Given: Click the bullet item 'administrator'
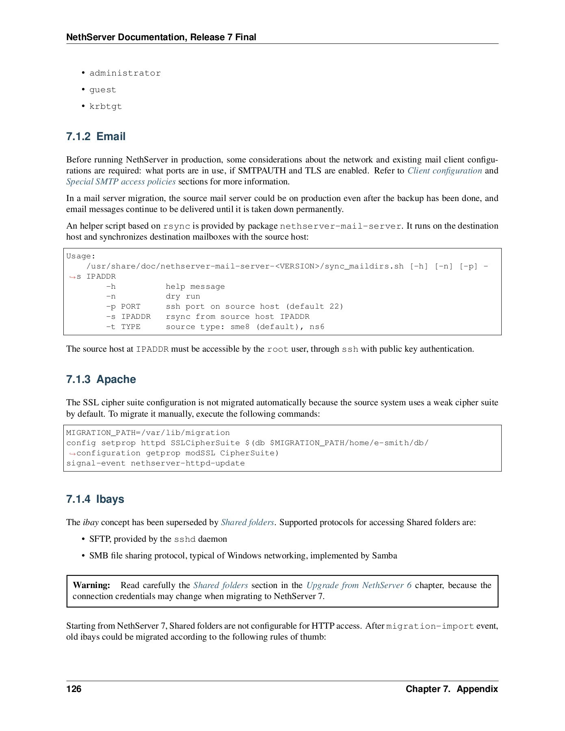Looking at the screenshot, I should pyautogui.click(x=125, y=73).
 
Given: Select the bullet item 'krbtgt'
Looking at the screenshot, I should pyautogui.click(x=105, y=106).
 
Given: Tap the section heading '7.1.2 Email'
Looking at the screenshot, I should pyautogui.click(x=96, y=136).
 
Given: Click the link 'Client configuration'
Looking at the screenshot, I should pyautogui.click(x=444, y=171).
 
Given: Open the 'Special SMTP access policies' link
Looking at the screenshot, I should pyautogui.click(x=121, y=182).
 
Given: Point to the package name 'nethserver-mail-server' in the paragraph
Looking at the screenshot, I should pyautogui.click(x=340, y=226).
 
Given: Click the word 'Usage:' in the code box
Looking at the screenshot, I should pyautogui.click(x=81, y=256).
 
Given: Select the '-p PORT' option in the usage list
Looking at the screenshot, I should pyautogui.click(x=123, y=307).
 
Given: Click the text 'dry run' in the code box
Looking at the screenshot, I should pyautogui.click(x=183, y=296).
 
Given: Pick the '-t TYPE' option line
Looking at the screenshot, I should pyautogui.click(x=123, y=327).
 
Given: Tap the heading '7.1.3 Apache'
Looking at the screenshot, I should pyautogui.click(x=101, y=379).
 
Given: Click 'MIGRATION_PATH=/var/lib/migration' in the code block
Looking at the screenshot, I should pyautogui.click(x=148, y=433).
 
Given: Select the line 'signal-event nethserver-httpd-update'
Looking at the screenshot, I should pyautogui.click(x=155, y=463).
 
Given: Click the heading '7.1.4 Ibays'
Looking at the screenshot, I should pyautogui.click(x=95, y=499).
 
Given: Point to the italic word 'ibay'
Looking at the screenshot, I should pyautogui.click(x=91, y=522).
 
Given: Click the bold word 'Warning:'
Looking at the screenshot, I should pyautogui.click(x=91, y=585).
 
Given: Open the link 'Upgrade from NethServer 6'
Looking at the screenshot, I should pyautogui.click(x=359, y=585).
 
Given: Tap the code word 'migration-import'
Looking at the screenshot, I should pyautogui.click(x=430, y=626).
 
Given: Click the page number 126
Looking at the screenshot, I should pyautogui.click(x=74, y=689).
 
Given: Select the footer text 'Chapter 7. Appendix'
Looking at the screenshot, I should pyautogui.click(x=451, y=689).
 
